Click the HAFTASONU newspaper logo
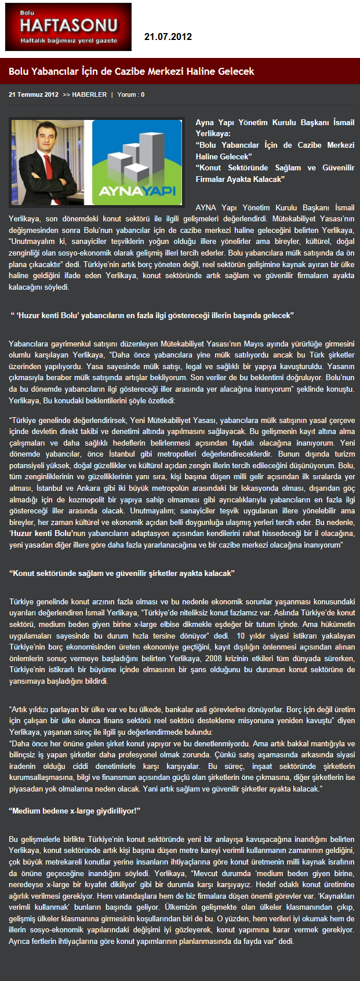(68, 25)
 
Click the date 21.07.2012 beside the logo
(168, 37)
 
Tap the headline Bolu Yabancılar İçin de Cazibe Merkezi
(132, 71)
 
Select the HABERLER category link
(89, 94)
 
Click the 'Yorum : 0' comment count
(131, 94)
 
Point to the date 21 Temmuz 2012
(34, 94)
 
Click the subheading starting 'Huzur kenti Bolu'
(152, 315)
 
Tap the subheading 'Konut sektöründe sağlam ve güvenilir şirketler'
(122, 573)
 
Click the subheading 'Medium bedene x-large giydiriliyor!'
(75, 811)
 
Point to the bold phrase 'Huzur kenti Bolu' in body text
(41, 533)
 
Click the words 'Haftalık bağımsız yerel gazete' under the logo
(68, 41)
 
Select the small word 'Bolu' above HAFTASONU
(27, 12)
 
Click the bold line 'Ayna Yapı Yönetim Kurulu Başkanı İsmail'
(275, 122)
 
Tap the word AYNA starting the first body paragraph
(206, 207)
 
